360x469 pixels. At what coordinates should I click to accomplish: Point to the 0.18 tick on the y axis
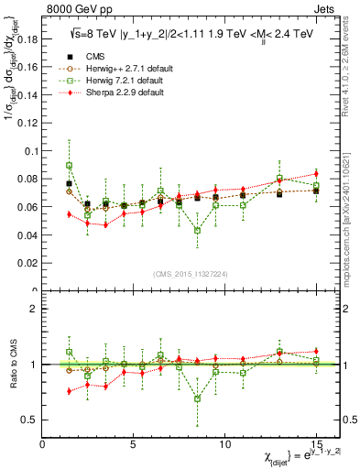(x=27, y=39)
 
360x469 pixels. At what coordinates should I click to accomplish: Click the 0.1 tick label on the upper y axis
(x=29, y=151)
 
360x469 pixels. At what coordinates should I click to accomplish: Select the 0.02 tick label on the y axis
(x=27, y=263)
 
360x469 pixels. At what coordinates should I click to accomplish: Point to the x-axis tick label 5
(x=134, y=442)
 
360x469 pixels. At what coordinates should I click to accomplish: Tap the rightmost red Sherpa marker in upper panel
(x=315, y=173)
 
